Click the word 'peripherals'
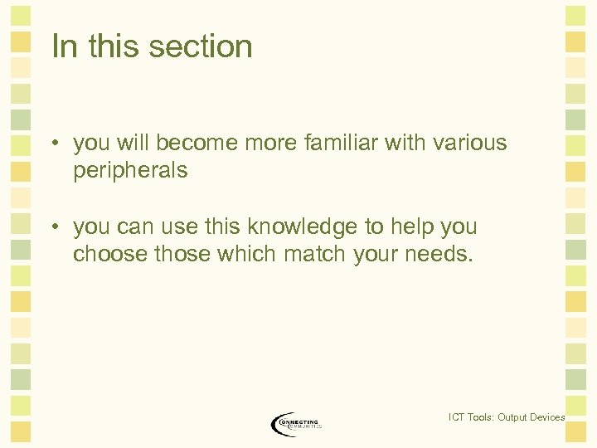[x=130, y=171]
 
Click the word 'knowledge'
[x=309, y=226]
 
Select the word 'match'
[x=313, y=254]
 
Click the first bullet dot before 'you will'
[x=52, y=144]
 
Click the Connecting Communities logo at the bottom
[x=295, y=424]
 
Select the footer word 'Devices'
[x=548, y=417]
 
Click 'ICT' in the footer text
[x=456, y=417]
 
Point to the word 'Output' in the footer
[x=512, y=417]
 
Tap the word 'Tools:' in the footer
[x=481, y=417]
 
